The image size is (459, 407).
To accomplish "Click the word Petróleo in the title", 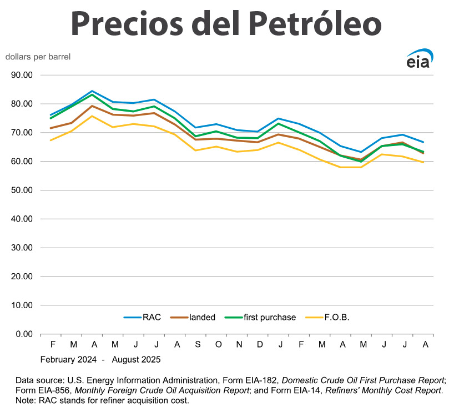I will click(315, 23).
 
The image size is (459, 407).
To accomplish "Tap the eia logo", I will click(419, 59).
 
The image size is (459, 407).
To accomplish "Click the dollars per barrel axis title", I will click(38, 57).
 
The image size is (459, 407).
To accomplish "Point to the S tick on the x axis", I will click(198, 345).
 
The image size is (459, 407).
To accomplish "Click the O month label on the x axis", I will click(218, 345).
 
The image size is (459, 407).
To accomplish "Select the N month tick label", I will click(239, 345).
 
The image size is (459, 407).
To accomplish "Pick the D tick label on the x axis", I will click(259, 345).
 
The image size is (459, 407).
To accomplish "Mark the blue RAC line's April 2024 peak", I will click(92, 91).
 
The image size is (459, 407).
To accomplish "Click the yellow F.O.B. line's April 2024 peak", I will click(92, 116).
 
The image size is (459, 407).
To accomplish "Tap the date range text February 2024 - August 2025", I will click(100, 359).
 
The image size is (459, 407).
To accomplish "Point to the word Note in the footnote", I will click(26, 400).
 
